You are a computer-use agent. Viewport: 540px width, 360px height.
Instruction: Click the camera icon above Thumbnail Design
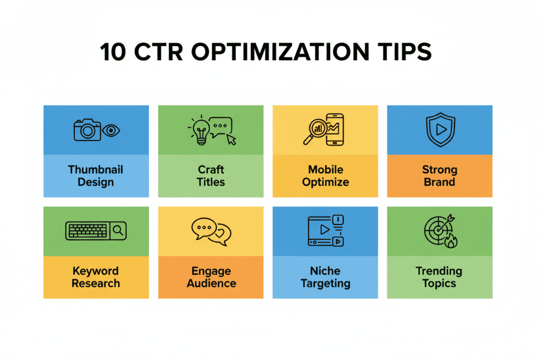[87, 130]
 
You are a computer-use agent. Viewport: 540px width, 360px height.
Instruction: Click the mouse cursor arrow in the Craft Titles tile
[230, 139]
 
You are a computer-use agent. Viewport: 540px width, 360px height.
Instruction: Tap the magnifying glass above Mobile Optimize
[315, 131]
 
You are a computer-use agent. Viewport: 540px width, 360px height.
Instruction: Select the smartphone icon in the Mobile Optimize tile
[335, 129]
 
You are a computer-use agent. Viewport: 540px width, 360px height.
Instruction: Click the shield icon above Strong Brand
[439, 129]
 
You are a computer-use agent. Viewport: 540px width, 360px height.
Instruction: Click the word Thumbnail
[96, 170]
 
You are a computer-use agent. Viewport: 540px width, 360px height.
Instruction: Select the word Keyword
[96, 271]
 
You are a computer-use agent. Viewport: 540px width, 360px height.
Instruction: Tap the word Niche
[325, 271]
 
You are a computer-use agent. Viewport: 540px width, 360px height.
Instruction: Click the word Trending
[439, 271]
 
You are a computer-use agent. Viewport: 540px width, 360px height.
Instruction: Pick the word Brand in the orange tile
[439, 182]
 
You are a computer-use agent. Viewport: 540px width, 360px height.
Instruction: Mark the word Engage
[211, 271]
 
